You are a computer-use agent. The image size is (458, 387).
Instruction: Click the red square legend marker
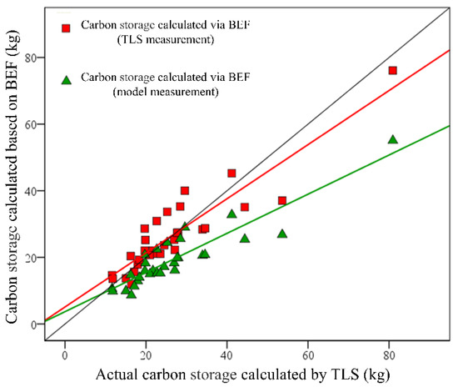click(66, 29)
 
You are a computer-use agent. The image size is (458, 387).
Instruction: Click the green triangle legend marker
click(66, 79)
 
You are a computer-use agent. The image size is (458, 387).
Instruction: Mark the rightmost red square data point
click(392, 71)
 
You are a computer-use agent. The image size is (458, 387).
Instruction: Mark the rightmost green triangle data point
click(392, 139)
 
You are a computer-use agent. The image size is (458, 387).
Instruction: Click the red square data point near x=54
click(282, 201)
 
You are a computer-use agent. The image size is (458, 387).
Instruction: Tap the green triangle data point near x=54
click(282, 234)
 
